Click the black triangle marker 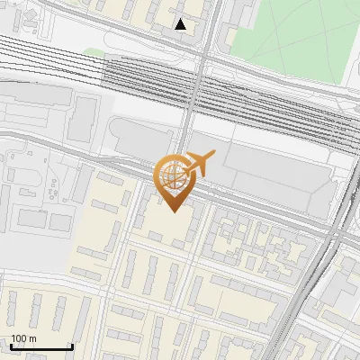coord(182,24)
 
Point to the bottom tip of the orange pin coord(171,211)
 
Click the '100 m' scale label coord(23,339)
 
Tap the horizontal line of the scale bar coord(41,347)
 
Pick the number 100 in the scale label coord(19,339)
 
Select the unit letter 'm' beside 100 coord(32,339)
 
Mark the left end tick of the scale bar coord(11,346)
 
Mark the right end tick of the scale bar coord(72,346)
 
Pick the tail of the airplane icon coord(185,167)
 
